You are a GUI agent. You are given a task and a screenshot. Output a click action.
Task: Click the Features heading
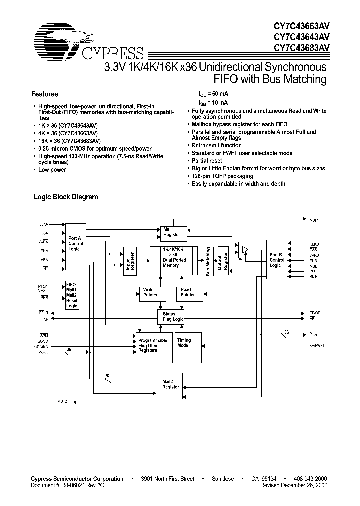(45, 94)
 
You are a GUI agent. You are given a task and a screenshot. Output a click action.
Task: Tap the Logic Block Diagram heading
(66, 197)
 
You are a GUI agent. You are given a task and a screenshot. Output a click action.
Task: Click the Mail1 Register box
(172, 231)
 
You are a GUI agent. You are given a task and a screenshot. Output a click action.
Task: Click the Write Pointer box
(149, 292)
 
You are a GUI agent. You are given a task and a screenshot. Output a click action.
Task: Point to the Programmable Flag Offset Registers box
(154, 347)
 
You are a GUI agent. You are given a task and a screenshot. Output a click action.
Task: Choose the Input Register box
(130, 260)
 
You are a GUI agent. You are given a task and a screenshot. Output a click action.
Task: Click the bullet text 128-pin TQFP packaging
(223, 176)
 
